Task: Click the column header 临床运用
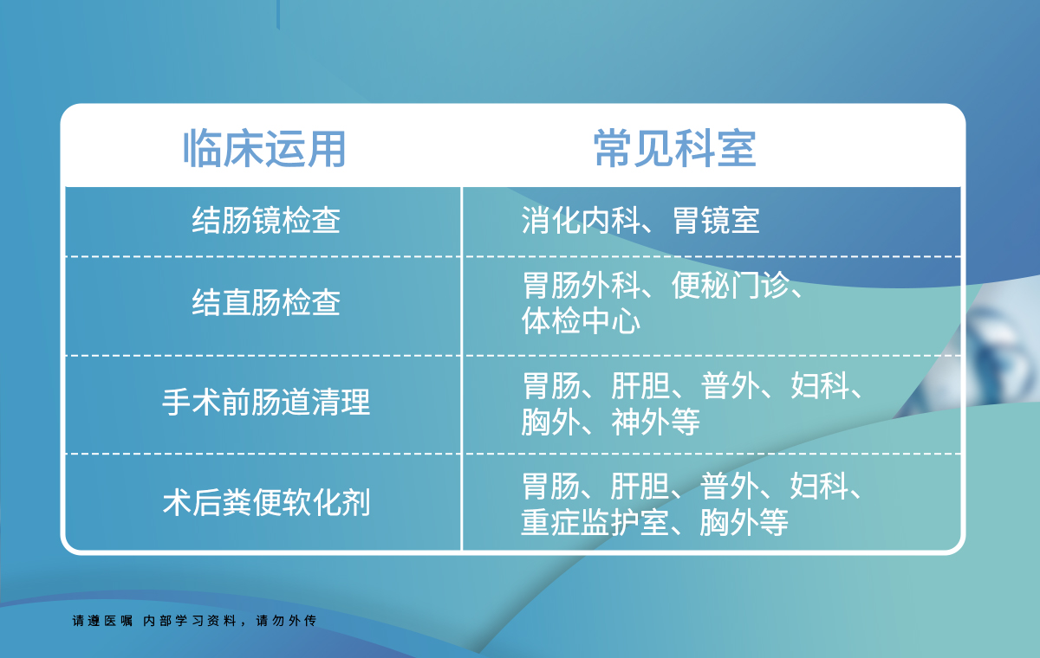tap(264, 148)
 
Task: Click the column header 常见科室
tap(675, 148)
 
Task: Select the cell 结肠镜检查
tap(266, 220)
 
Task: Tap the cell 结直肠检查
tap(266, 302)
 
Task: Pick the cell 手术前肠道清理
tap(266, 402)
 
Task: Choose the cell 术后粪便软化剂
tap(266, 502)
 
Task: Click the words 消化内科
tap(581, 220)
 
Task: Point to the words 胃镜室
tap(716, 220)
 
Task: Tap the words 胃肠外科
tap(582, 285)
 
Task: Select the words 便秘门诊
tap(731, 285)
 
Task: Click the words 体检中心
tap(581, 320)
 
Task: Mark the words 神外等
tap(655, 422)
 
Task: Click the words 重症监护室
tap(595, 522)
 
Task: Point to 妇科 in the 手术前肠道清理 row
tap(821, 385)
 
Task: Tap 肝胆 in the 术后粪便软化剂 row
tap(640, 487)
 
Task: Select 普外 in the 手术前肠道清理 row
tap(731, 385)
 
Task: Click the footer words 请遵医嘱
tap(102, 621)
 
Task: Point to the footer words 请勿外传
tap(286, 621)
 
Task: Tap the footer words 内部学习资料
tap(190, 621)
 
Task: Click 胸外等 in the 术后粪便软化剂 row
tap(744, 522)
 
